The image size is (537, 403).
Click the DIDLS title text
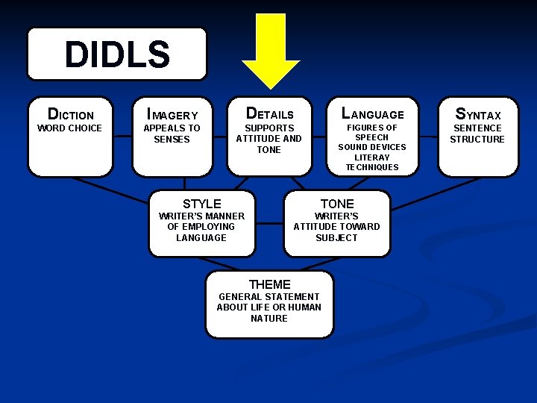click(117, 54)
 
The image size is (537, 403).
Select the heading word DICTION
click(71, 115)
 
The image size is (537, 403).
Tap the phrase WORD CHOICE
click(69, 128)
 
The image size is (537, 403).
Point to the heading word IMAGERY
click(172, 115)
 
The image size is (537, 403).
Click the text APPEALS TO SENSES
click(172, 134)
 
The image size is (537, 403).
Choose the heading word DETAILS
click(269, 114)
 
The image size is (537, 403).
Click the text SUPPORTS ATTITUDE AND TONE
click(268, 139)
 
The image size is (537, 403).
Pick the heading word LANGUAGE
click(372, 114)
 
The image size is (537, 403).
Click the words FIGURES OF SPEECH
click(371, 133)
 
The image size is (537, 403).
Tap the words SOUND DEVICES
click(372, 147)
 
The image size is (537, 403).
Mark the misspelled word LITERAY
click(372, 157)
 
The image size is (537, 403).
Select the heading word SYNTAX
click(477, 115)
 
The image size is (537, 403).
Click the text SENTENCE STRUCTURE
click(477, 134)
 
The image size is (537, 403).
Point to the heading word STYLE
click(202, 204)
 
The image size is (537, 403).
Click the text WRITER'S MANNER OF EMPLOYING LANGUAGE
click(201, 227)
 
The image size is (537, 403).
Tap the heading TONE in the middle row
click(337, 204)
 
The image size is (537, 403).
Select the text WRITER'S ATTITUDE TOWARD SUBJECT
click(336, 227)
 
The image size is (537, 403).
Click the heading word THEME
click(269, 284)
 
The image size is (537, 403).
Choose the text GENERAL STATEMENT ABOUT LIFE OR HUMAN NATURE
click(269, 307)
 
